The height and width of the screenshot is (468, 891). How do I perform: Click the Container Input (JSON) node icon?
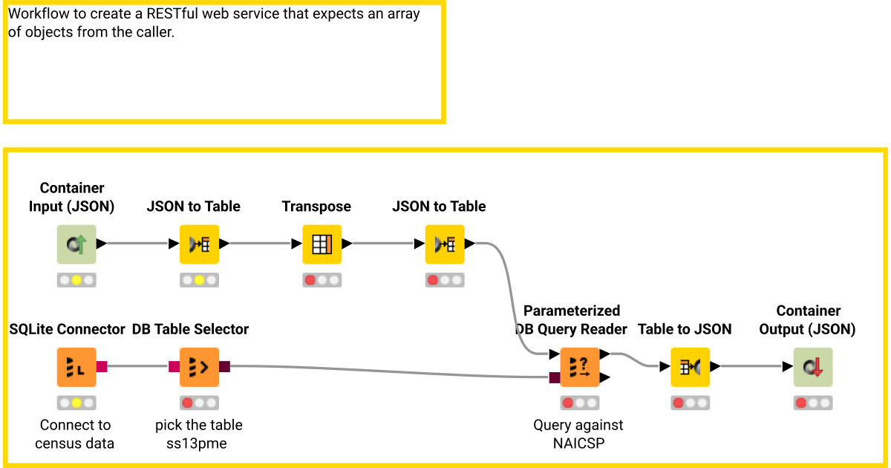76,244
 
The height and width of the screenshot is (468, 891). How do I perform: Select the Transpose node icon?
322,244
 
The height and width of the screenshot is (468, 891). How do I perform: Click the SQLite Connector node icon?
76,366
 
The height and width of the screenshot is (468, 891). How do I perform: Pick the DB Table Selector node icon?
199,366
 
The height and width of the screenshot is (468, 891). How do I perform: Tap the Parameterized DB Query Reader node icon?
579,366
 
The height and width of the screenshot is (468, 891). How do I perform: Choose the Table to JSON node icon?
690,366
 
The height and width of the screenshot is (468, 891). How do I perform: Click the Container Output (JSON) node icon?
813,366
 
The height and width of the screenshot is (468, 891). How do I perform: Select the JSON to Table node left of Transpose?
199,244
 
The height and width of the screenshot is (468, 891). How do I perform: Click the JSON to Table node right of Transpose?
444,244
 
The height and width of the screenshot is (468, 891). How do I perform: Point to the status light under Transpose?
322,281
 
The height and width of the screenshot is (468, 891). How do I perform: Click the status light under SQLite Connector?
76,403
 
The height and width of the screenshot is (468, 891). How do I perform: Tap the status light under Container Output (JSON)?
813,403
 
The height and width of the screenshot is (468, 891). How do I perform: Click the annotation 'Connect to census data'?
76,435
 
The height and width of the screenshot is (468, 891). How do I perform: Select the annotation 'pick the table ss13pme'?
198,435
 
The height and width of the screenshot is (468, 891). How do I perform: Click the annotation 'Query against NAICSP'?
578,435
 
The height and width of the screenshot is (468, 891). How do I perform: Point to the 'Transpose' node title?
316,207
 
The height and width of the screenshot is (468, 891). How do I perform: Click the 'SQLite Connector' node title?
68,329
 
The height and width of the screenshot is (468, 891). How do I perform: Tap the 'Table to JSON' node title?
685,329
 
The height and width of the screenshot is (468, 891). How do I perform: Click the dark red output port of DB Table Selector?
225,366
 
